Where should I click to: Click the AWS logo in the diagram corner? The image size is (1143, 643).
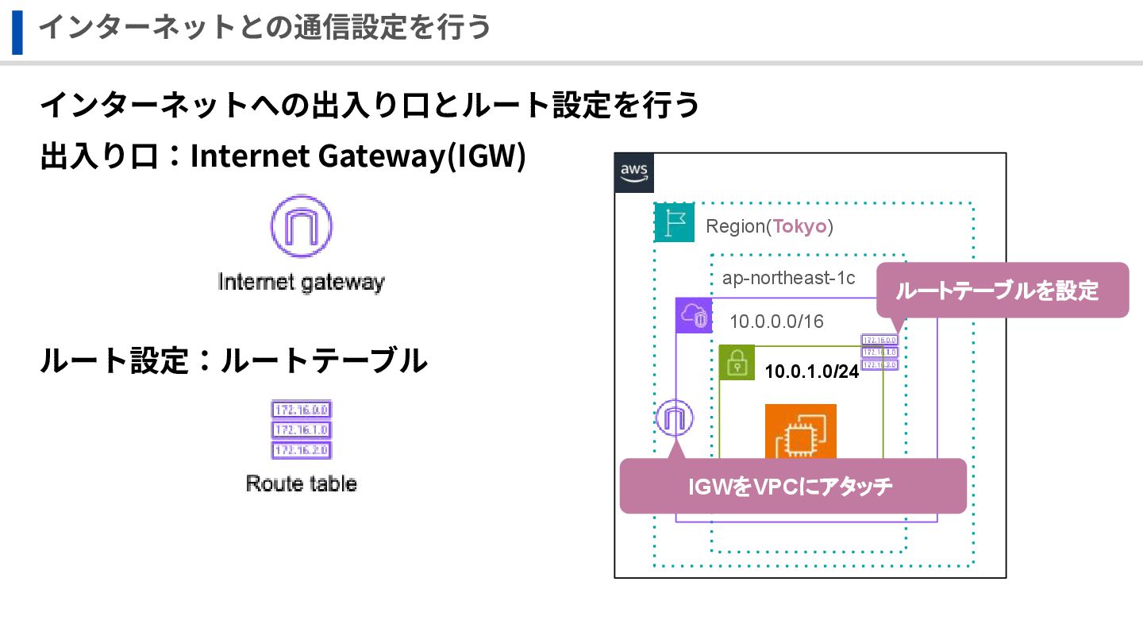pos(634,173)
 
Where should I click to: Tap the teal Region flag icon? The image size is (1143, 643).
pos(674,223)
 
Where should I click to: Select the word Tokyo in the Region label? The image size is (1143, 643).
pos(800,226)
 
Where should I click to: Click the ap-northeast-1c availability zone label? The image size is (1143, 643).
pos(788,278)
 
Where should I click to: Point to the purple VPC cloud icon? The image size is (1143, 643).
pos(694,316)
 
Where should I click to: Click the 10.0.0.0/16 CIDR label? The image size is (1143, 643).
pos(776,321)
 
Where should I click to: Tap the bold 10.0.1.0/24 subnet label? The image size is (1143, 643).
pos(811,372)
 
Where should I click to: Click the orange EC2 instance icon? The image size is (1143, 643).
pos(800,433)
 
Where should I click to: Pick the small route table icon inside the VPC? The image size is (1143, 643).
pos(879,352)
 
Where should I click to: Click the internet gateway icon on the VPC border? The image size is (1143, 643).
pos(675,418)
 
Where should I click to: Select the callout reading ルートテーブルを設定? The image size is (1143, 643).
pos(1002,291)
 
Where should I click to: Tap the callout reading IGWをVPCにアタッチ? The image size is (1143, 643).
pos(791,486)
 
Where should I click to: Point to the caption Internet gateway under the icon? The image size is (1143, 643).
pos(301,282)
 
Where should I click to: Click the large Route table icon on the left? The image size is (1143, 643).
pos(301,429)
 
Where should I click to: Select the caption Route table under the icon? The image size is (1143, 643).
pos(301,483)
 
